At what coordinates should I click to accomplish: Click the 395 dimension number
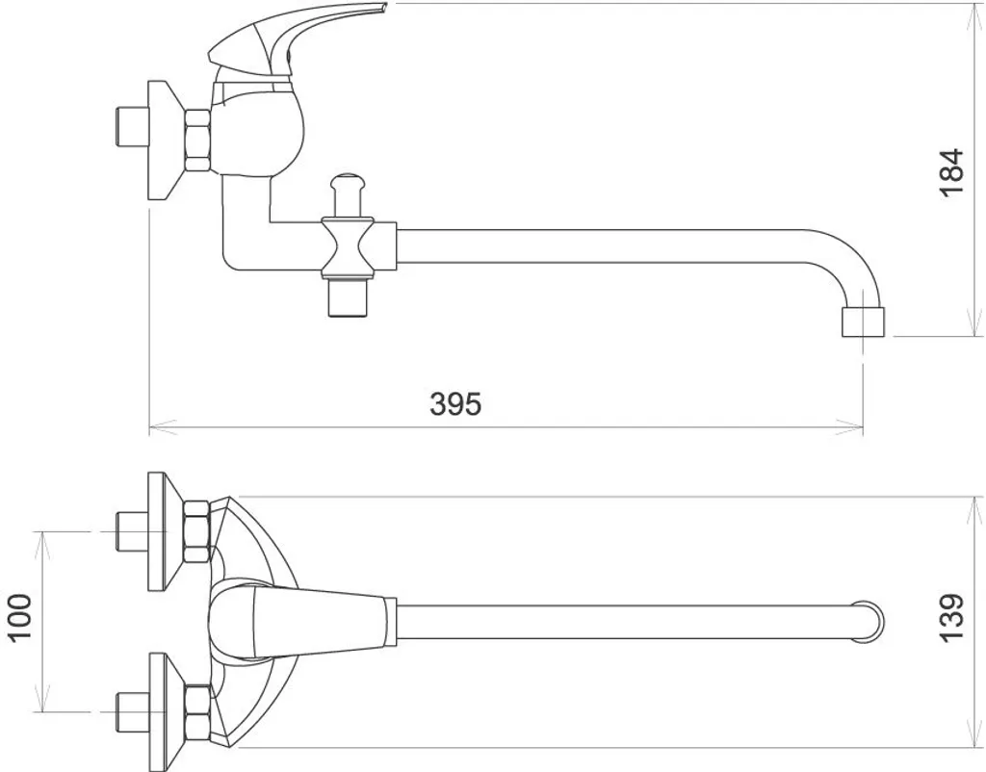pos(454,404)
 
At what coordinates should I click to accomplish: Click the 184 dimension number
pos(951,171)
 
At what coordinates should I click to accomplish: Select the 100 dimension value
pos(20,617)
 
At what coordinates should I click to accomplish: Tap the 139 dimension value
pos(951,617)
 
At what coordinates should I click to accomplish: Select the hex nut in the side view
pos(197,141)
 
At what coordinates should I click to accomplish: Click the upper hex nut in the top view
pos(197,531)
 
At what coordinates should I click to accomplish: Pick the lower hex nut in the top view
pos(197,712)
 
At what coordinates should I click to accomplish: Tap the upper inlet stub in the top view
pos(126,531)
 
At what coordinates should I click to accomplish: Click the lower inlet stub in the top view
pos(126,712)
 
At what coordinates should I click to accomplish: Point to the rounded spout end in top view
pos(869,621)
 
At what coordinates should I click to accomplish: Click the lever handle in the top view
pos(308,621)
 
